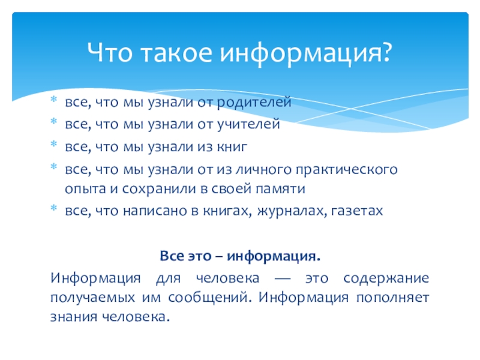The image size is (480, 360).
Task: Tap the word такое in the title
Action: [x=176, y=52]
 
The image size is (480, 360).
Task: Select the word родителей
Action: [x=254, y=102]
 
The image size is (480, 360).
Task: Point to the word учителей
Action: [x=248, y=124]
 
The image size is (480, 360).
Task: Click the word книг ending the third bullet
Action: [x=232, y=146]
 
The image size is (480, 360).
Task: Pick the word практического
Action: [x=347, y=170]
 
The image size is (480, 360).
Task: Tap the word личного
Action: [x=263, y=169]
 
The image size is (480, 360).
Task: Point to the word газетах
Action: [x=357, y=211]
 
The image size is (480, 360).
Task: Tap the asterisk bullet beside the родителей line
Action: [x=54, y=99]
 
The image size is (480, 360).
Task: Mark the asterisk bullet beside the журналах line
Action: [x=54, y=208]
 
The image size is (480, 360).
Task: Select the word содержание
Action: [x=386, y=278]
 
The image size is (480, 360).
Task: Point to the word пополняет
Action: [x=393, y=298]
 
